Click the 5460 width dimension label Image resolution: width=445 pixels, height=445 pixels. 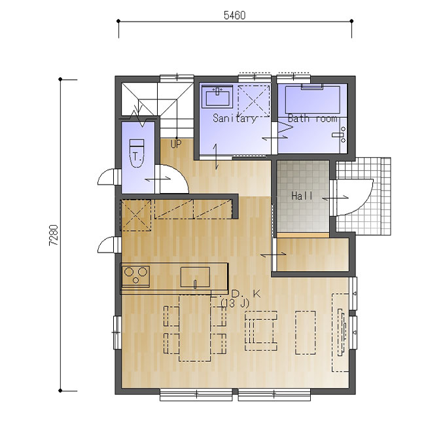click(234, 15)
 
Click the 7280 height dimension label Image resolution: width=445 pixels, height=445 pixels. click(54, 236)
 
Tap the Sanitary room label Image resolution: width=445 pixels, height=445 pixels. click(234, 118)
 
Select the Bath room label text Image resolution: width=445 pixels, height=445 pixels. click(312, 118)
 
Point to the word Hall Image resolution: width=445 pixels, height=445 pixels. click(302, 196)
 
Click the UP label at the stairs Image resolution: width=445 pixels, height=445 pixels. click(176, 144)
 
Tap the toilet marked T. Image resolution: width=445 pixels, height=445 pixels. click(137, 154)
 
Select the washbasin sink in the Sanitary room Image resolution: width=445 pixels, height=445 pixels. click(217, 97)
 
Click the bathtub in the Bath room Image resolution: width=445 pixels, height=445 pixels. click(312, 99)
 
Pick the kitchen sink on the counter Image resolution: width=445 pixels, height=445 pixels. click(195, 277)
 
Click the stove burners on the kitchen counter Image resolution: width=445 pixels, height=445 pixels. click(135, 276)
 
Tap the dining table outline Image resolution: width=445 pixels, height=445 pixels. click(195, 328)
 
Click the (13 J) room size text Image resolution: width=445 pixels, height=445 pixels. click(235, 304)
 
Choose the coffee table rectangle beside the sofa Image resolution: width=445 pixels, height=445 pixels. click(306, 332)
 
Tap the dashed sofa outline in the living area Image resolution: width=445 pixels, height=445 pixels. click(261, 330)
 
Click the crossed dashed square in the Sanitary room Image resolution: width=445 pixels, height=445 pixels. click(253, 101)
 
